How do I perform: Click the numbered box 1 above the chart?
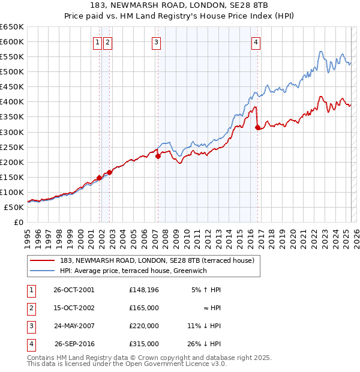pos(97,42)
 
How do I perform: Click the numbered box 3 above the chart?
pos(156,42)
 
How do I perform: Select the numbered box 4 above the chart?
pos(256,42)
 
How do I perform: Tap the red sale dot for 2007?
pos(158,156)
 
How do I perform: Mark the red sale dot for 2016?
pos(257,127)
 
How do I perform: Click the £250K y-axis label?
pos(12,147)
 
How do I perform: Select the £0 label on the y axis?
pos(19,222)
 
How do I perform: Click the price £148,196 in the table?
pos(143,290)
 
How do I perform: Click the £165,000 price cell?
pos(143,308)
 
